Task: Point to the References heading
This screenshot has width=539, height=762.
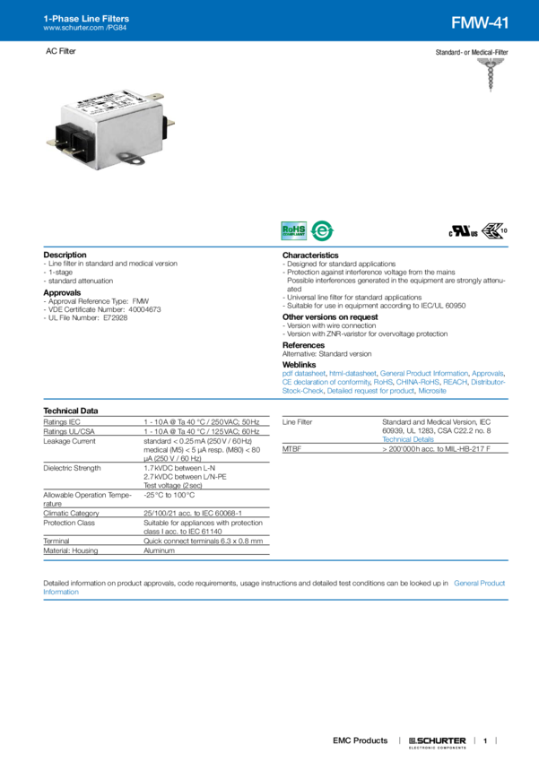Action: (x=303, y=343)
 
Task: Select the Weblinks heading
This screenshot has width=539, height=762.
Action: (x=300, y=364)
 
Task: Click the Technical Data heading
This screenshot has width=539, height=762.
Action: (x=71, y=410)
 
